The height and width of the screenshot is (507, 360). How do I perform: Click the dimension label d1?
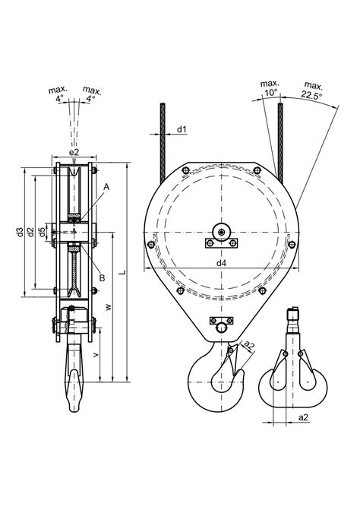tap(182, 130)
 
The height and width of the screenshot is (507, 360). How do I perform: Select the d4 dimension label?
tap(221, 263)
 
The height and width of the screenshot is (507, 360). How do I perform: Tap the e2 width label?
tap(74, 152)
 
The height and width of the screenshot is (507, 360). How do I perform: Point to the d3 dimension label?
tap(21, 232)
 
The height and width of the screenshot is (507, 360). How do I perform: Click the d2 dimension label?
tap(30, 232)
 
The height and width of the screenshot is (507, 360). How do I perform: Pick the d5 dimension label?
tap(42, 232)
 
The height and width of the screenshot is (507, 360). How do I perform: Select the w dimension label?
tap(109, 307)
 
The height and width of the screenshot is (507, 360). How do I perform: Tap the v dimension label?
tap(96, 355)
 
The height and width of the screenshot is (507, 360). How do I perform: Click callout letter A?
tap(106, 187)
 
